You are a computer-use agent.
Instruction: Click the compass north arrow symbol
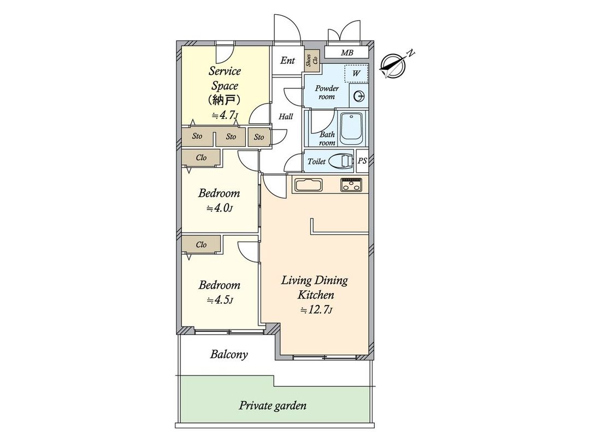(394, 65)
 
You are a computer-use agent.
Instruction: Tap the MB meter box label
(347, 53)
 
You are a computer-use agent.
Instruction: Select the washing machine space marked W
(356, 73)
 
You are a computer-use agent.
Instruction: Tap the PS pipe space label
(362, 162)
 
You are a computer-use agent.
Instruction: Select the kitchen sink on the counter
(309, 185)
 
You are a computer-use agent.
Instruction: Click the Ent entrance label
(287, 61)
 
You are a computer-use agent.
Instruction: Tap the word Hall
(286, 116)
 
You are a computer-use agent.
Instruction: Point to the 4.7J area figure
(223, 115)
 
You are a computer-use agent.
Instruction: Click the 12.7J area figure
(316, 310)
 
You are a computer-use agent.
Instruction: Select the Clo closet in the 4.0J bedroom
(201, 157)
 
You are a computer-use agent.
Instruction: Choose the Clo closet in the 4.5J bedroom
(201, 244)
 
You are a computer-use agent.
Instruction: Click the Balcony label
(229, 355)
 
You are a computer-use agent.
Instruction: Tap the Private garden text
(273, 406)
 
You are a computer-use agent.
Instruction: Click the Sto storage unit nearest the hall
(258, 137)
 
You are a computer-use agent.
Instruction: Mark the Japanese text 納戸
(223, 100)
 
